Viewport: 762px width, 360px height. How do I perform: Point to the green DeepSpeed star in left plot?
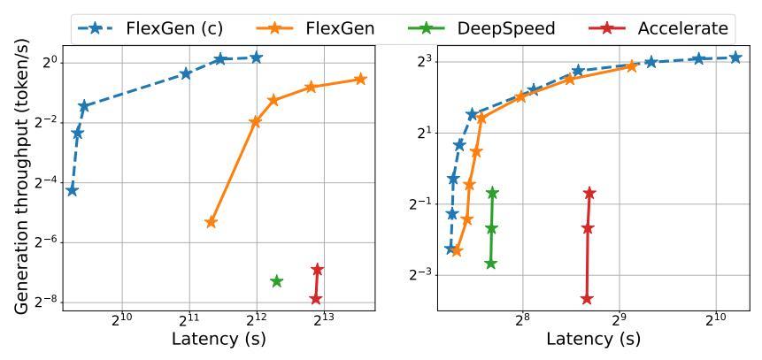pyautogui.click(x=276, y=281)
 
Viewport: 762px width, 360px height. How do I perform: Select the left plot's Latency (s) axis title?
pyautogui.click(x=219, y=339)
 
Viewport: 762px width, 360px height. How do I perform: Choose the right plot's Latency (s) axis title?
pyautogui.click(x=593, y=339)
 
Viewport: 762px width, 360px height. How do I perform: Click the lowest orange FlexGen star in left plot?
pyautogui.click(x=211, y=222)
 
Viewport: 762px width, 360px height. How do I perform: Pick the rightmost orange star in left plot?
pyautogui.click(x=360, y=80)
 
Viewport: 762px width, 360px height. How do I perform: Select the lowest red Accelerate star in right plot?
pyautogui.click(x=587, y=300)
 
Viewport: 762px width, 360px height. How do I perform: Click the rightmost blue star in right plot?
pyautogui.click(x=735, y=57)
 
